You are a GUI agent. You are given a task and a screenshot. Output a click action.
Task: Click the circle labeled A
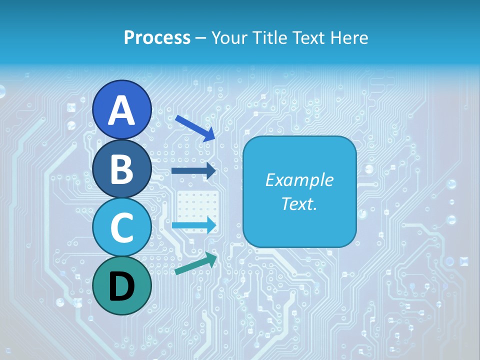(x=121, y=110)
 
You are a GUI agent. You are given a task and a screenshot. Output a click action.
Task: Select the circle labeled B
(x=121, y=168)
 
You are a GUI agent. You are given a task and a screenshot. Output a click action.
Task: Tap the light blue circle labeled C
(x=121, y=227)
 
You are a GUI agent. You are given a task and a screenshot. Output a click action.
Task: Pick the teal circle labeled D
(x=121, y=286)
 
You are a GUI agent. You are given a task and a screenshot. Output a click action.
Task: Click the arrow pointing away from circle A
(x=195, y=128)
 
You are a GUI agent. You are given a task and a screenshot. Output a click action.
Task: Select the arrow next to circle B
(x=193, y=171)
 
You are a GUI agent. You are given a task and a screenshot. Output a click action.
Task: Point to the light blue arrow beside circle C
(x=194, y=225)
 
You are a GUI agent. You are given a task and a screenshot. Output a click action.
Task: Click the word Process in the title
(x=157, y=37)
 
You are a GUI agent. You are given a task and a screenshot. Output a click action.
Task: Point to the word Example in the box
(x=299, y=180)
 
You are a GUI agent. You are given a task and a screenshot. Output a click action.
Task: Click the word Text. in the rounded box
(x=299, y=203)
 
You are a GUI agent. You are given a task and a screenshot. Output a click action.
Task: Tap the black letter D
(x=121, y=286)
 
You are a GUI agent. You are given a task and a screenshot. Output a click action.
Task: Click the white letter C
(x=121, y=227)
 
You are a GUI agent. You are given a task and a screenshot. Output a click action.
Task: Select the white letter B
(x=121, y=169)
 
